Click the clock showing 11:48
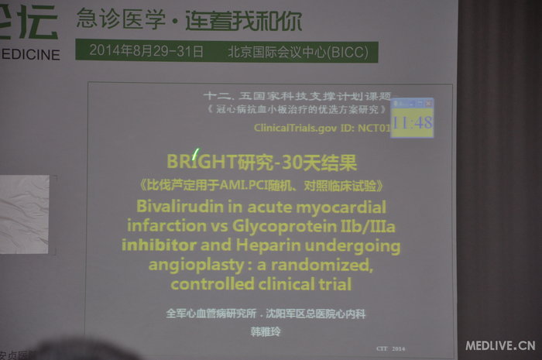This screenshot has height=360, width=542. click(x=412, y=122)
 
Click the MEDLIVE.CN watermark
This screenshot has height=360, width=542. click(x=499, y=345)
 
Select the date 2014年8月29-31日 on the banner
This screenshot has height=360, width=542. click(x=146, y=52)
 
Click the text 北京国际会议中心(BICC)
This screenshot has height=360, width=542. click(x=298, y=52)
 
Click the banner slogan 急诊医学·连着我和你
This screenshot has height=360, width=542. click(x=189, y=21)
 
